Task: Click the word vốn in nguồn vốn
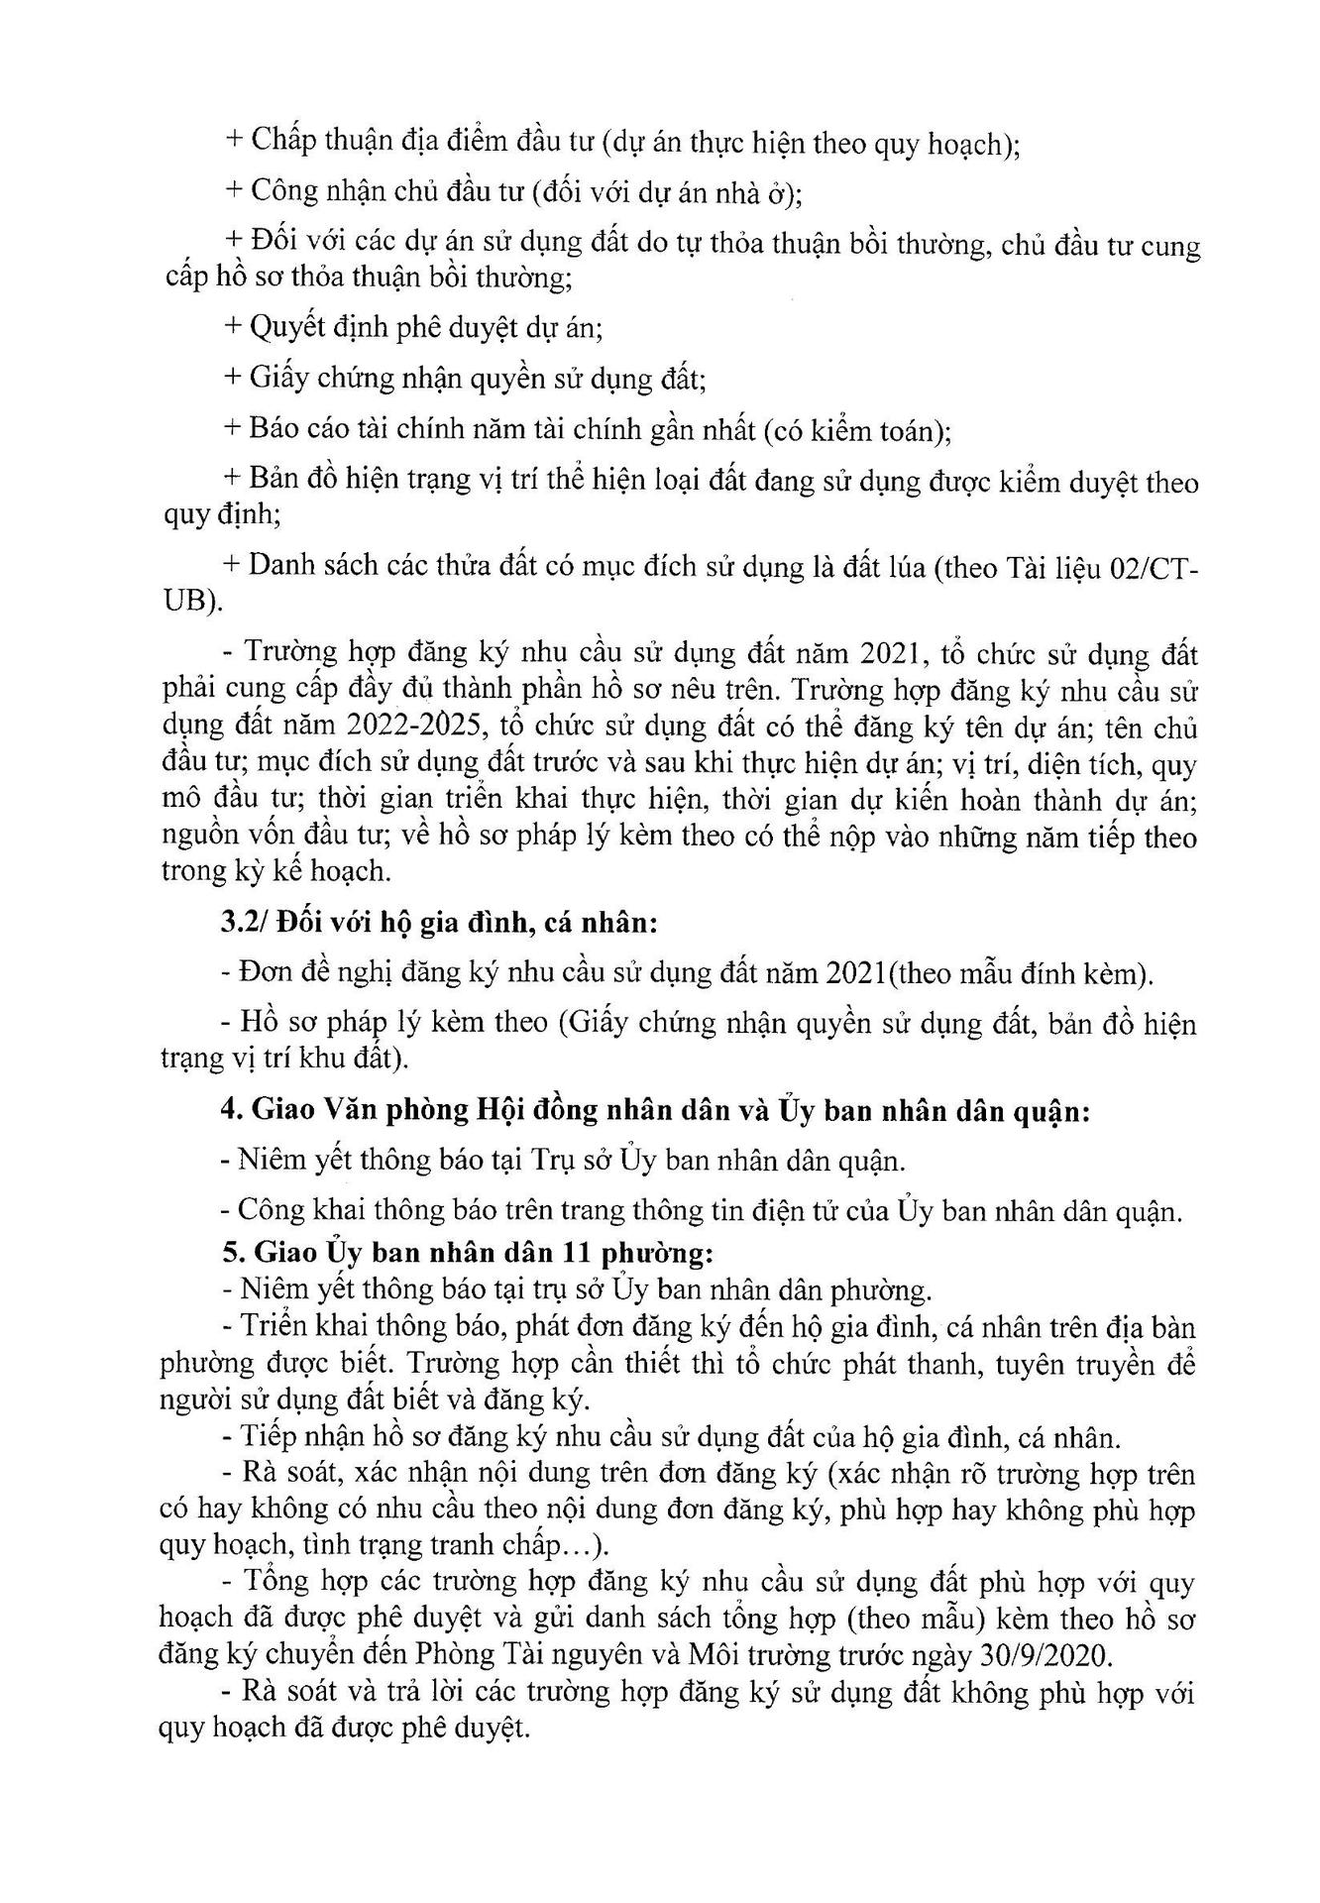[280, 837]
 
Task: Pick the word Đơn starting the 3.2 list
[265, 973]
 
